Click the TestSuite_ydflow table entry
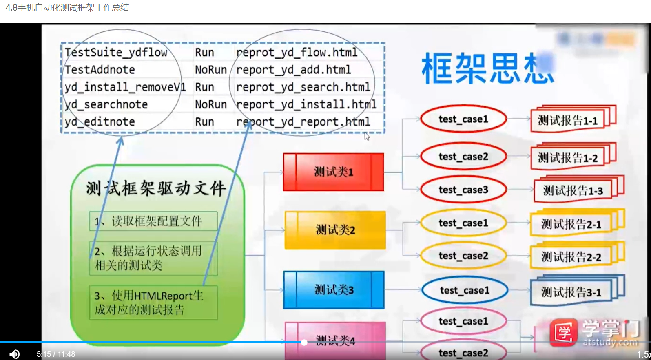(x=116, y=52)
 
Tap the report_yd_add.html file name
(x=293, y=70)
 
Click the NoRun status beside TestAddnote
(x=210, y=70)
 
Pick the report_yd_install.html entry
(x=306, y=104)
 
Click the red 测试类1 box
(x=333, y=172)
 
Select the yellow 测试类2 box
(x=335, y=230)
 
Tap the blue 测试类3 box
(x=334, y=290)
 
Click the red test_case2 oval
(x=463, y=157)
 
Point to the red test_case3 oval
(x=463, y=190)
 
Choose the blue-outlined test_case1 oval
(x=465, y=290)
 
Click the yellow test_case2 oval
(x=463, y=256)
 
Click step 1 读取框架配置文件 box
(x=153, y=221)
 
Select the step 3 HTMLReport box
(x=153, y=303)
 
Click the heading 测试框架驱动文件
(x=156, y=188)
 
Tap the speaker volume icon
(x=14, y=354)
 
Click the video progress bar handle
(x=304, y=342)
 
